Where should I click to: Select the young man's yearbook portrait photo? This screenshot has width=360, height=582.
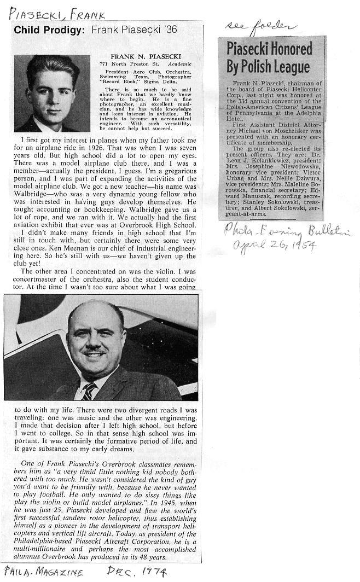pos(52,93)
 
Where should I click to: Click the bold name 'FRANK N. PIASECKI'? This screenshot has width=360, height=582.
pos(137,56)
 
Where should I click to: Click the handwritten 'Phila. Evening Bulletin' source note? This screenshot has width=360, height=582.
pos(287,230)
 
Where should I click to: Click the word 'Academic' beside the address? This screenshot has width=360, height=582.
pos(179,64)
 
